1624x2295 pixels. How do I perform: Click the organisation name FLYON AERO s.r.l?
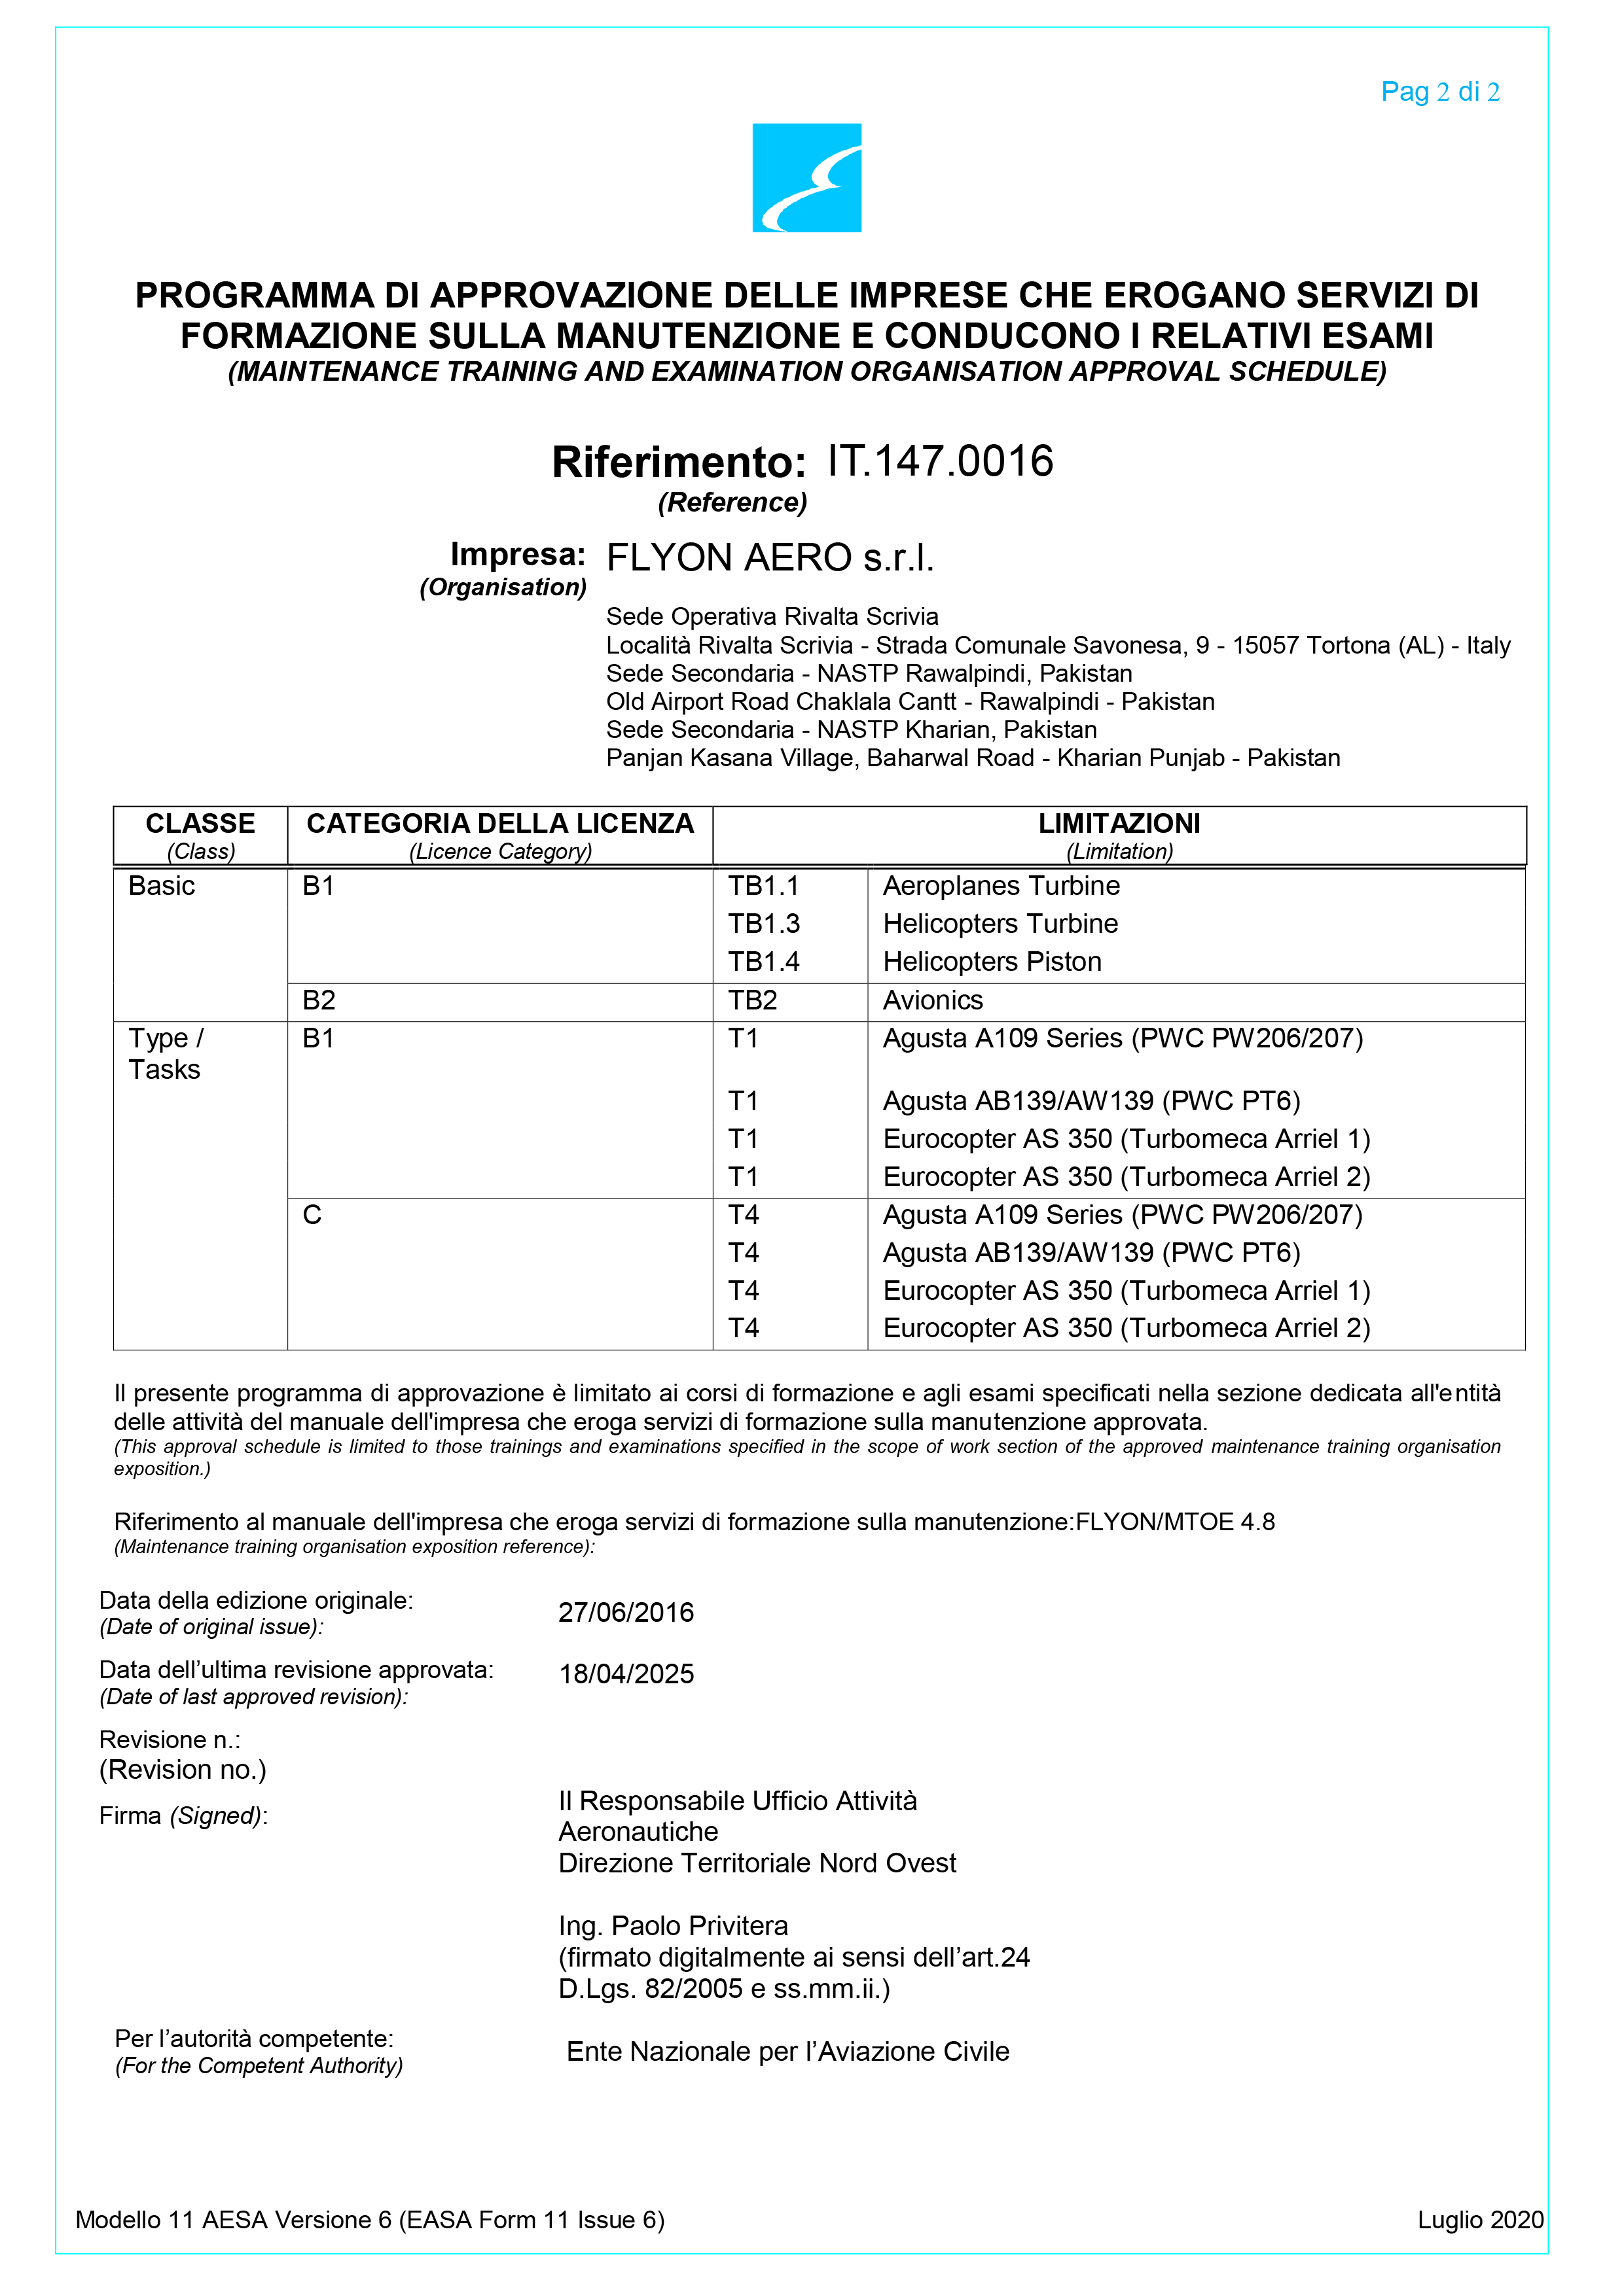point(770,558)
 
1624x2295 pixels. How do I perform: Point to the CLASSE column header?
point(200,824)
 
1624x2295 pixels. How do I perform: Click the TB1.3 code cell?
point(764,924)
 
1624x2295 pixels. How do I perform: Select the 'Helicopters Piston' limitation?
point(992,962)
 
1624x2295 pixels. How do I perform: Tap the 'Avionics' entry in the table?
point(933,1000)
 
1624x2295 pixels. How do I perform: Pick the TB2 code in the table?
point(752,1000)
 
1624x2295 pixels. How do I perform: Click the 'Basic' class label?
point(162,886)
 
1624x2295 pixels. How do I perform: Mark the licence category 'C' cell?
point(312,1214)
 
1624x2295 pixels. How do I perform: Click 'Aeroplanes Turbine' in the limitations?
point(1001,886)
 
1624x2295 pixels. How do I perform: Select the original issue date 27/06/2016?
point(626,1612)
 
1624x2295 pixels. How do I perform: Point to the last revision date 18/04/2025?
point(626,1674)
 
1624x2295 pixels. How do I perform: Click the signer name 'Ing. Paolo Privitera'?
point(673,1926)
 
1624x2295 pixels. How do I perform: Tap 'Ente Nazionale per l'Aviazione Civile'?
point(788,2052)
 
